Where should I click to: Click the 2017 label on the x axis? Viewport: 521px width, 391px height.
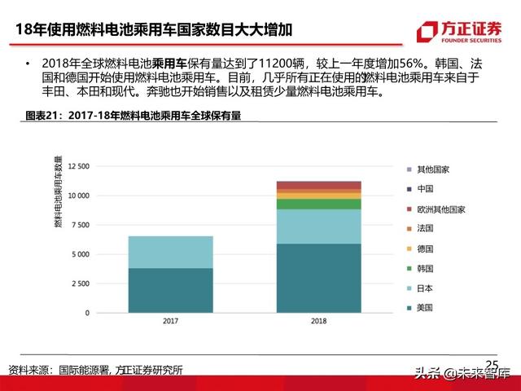[171, 323]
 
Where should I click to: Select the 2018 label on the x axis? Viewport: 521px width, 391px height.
[318, 323]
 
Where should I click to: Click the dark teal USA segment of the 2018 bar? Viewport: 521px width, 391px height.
[318, 278]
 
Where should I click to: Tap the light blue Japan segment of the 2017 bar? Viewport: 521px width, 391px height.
[171, 252]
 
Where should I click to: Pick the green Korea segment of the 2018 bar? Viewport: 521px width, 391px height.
[318, 204]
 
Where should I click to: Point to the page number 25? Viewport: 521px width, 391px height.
[492, 364]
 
